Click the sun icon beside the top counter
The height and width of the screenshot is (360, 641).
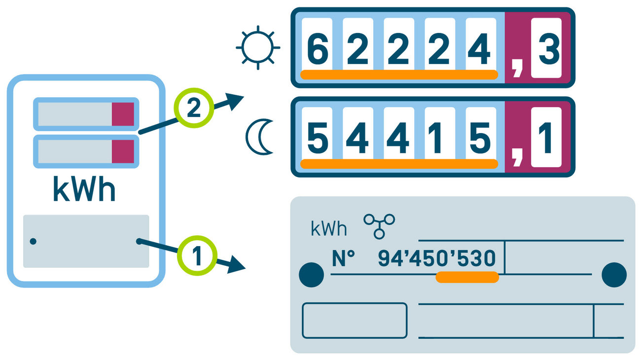(x=257, y=48)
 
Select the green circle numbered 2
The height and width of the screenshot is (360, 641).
(x=194, y=108)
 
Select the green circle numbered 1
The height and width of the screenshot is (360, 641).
(x=197, y=256)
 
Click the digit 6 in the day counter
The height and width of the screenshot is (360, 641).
(x=317, y=49)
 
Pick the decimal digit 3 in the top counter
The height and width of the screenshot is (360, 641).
(x=546, y=49)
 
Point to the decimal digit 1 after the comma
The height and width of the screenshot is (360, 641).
(x=546, y=138)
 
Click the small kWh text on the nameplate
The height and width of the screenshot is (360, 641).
(x=329, y=229)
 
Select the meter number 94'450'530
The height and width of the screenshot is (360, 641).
(x=436, y=258)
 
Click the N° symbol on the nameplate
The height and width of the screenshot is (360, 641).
(x=343, y=258)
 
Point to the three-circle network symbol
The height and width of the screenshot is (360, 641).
(x=379, y=224)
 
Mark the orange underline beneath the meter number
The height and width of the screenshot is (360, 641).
(x=467, y=277)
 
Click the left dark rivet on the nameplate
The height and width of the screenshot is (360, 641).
(x=312, y=274)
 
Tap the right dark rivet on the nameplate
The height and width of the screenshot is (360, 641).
(x=614, y=274)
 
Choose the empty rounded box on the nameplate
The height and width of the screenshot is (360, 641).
(x=355, y=321)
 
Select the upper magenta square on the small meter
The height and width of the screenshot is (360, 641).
(x=123, y=114)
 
